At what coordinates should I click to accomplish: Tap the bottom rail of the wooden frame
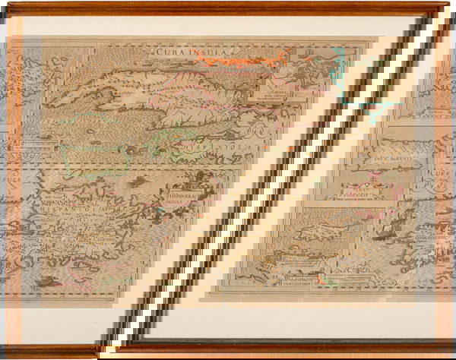click(228, 351)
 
